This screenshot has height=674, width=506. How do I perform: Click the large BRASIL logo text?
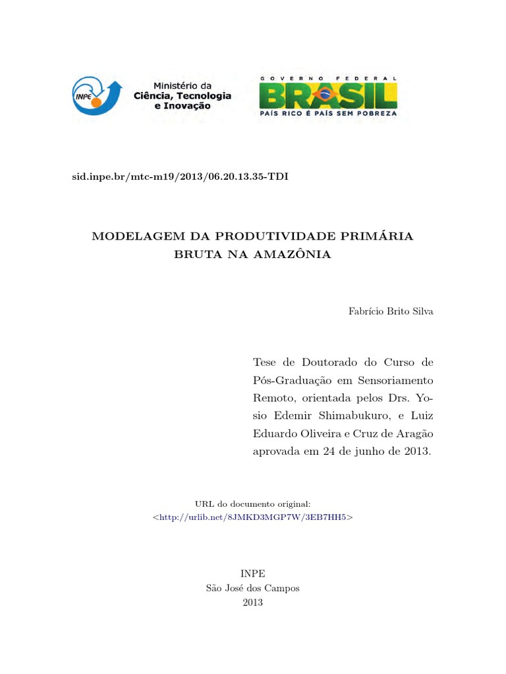328,96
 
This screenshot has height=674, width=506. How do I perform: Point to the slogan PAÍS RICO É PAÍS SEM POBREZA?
328,113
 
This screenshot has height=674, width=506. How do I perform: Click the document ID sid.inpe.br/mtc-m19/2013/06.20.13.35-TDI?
179,177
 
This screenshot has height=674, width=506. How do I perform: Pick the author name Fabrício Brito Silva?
391,311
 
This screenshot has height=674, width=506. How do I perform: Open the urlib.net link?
253,517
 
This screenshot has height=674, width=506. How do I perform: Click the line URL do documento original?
253,504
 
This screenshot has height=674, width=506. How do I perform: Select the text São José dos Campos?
253,588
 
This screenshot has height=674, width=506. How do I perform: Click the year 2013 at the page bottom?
253,602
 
